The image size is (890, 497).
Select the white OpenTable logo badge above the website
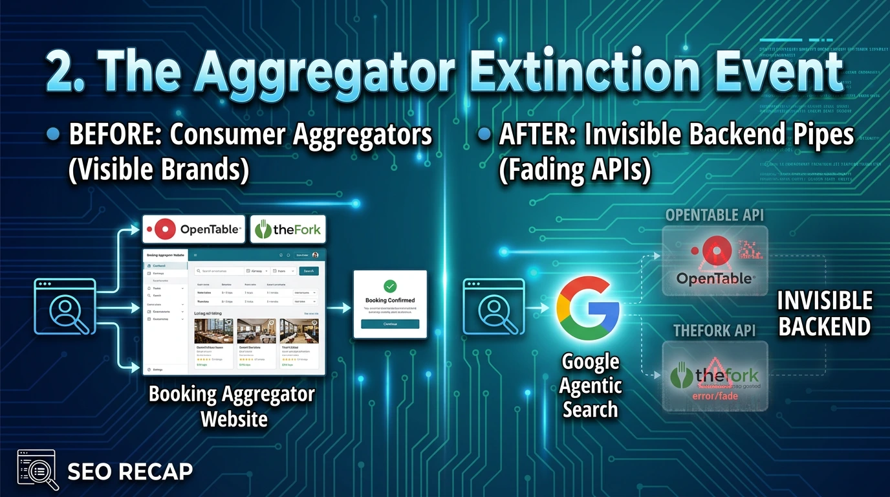[x=193, y=230]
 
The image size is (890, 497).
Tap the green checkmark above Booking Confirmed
[x=390, y=285]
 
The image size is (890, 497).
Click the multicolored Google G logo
[x=589, y=309]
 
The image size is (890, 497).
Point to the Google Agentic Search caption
[x=590, y=386]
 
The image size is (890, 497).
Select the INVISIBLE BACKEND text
[x=824, y=314]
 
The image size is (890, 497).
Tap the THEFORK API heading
[x=714, y=331]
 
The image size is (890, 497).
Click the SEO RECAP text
[x=129, y=471]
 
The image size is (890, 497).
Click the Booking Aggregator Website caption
[x=232, y=406]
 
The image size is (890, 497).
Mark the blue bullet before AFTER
[x=483, y=135]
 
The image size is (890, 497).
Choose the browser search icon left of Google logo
[x=494, y=306]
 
